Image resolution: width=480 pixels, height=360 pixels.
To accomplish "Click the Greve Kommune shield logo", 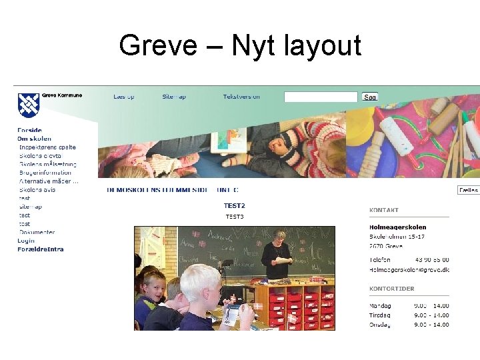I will [29, 105].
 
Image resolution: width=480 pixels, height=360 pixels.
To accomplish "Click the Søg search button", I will [370, 97].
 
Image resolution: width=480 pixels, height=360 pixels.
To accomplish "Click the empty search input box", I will [321, 97].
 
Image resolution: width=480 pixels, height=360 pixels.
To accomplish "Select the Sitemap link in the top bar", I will [174, 97].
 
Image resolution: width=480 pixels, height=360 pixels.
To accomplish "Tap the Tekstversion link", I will [241, 97].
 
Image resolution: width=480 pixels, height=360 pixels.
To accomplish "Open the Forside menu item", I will [29, 130].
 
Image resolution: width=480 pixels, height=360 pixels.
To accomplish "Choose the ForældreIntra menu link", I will [40, 249].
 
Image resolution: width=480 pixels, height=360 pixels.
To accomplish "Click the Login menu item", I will [26, 241].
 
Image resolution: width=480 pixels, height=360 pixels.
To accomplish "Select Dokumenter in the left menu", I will [37, 232].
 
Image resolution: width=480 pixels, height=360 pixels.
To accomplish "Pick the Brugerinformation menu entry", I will [45, 173].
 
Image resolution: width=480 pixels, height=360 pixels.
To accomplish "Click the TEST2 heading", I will [234, 206].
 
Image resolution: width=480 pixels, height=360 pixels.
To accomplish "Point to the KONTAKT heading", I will [384, 210].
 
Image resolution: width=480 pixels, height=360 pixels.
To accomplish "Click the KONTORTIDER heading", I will [392, 289].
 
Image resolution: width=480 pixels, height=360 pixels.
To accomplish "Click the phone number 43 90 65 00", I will [432, 260].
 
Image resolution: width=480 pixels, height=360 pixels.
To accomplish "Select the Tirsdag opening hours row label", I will [380, 315].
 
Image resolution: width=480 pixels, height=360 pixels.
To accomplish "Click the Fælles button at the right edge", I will [469, 190].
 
